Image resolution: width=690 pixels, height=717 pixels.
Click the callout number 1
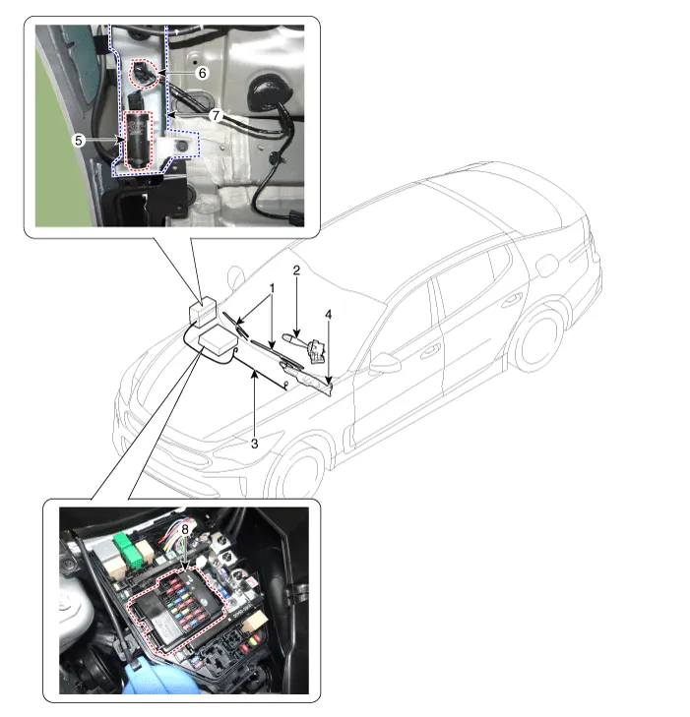click(273, 288)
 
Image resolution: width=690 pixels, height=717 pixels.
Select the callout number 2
click(296, 270)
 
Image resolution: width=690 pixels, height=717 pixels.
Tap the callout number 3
click(254, 444)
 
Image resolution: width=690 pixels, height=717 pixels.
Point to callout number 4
click(328, 315)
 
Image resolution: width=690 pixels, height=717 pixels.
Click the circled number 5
click(79, 141)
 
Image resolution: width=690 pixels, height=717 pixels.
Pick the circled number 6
click(202, 73)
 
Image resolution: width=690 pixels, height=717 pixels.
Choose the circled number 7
click(216, 115)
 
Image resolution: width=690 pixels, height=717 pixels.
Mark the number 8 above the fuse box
click(185, 529)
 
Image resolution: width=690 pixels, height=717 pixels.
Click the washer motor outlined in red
click(139, 142)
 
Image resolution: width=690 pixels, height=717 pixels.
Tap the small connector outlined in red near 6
click(143, 73)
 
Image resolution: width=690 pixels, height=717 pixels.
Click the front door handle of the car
click(429, 351)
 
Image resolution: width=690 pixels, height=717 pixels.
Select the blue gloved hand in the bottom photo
click(160, 678)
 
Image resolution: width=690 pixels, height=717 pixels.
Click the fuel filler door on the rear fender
click(545, 266)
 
